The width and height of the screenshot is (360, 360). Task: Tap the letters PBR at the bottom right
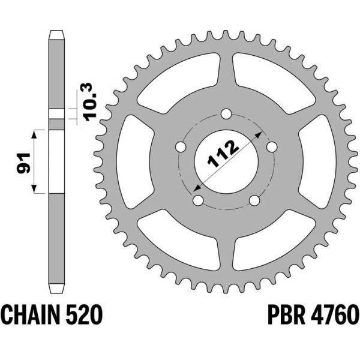pos(283,314)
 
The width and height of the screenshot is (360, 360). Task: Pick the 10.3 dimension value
pos(88,103)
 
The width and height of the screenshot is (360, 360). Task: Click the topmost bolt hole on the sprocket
pos(226,113)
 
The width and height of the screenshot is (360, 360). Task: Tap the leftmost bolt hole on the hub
pos(179,146)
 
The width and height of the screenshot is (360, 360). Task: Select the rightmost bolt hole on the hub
pos(272,146)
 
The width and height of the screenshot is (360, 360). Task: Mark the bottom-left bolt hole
pos(197,200)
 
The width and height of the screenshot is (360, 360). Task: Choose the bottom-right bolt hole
pos(254,200)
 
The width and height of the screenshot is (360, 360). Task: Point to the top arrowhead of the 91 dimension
pos(36,133)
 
